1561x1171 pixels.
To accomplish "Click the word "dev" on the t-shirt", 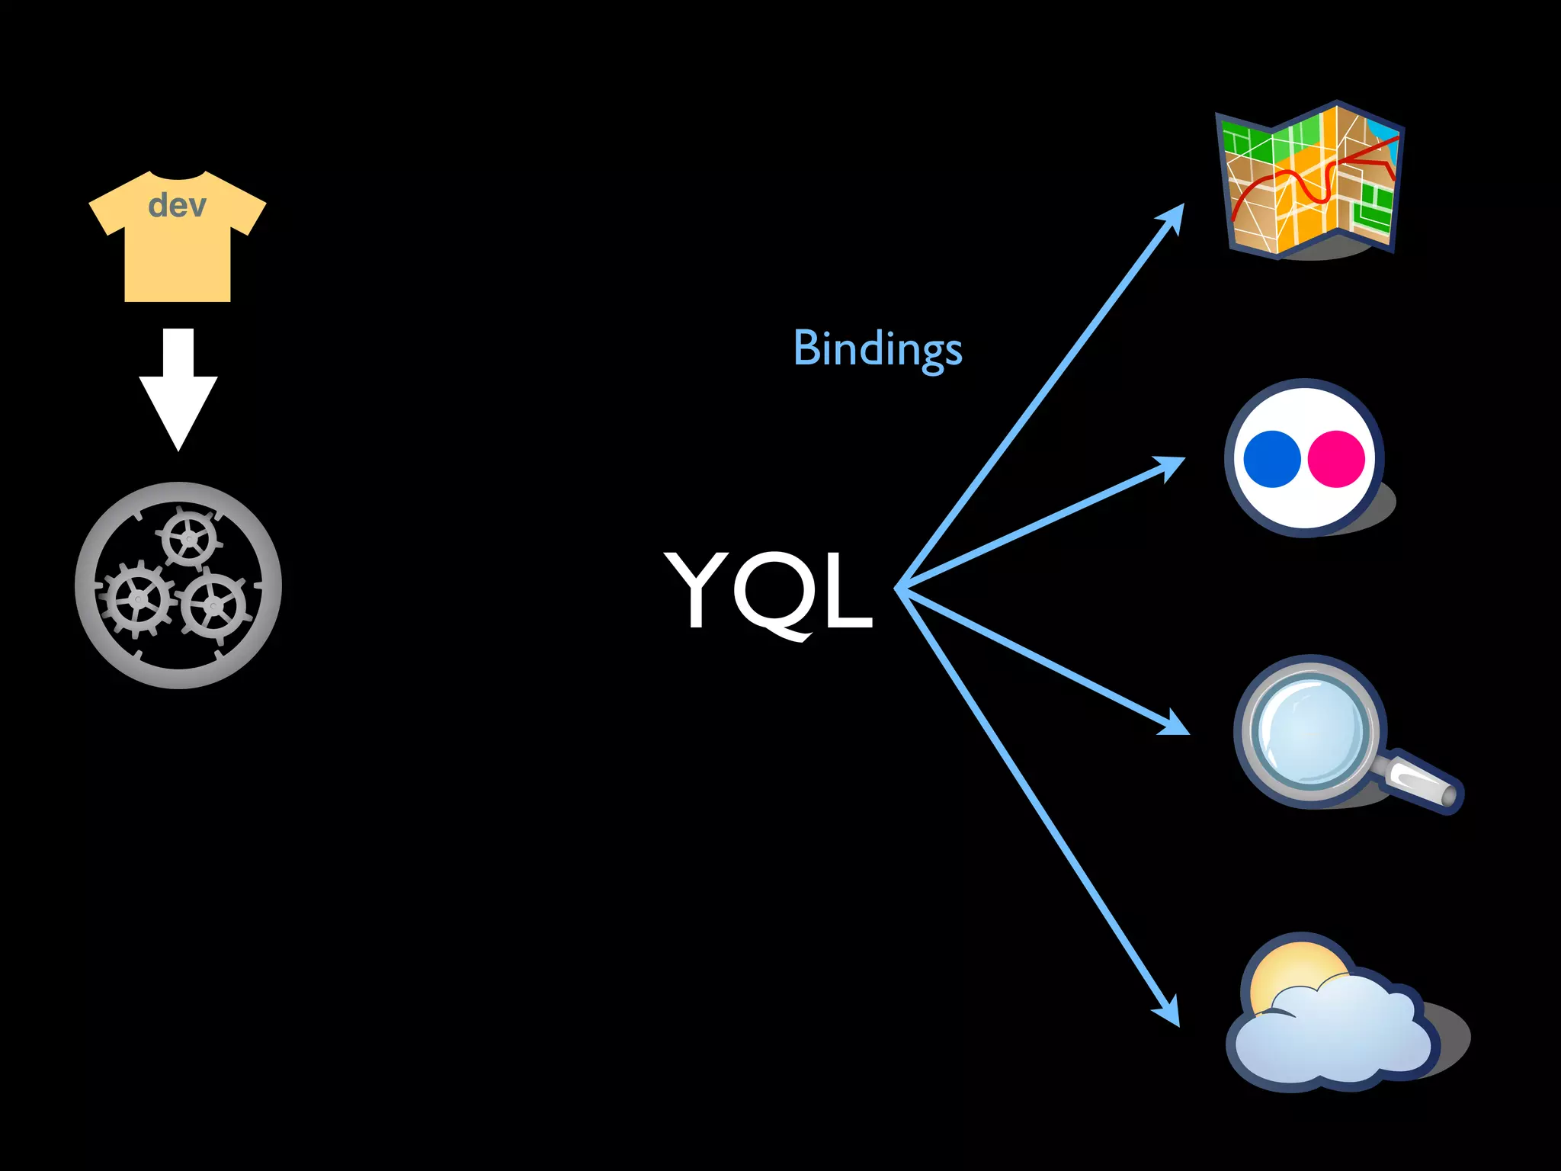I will tap(177, 205).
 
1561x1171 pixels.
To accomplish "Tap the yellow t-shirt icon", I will tap(177, 252).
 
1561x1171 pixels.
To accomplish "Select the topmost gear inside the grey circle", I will tap(188, 539).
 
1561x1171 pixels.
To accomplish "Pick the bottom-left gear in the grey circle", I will tap(138, 599).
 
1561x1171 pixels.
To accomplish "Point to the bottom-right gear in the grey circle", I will tap(214, 606).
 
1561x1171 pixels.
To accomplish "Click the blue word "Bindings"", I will tap(877, 349).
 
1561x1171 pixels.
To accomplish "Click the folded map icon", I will tap(1309, 181).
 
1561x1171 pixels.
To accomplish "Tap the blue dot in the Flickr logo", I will tap(1271, 459).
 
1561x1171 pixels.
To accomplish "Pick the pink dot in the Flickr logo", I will tap(1335, 459).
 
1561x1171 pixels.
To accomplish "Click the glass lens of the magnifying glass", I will tap(1309, 730).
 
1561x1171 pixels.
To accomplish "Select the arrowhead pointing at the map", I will tap(1172, 217).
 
